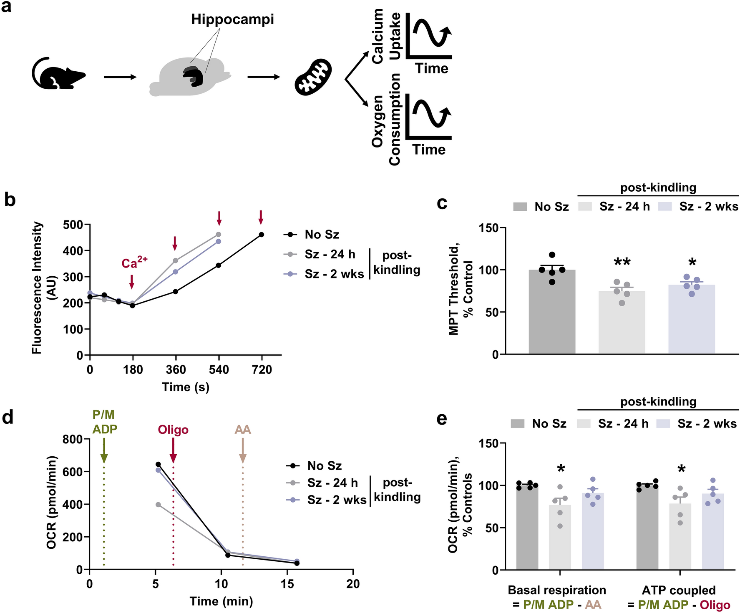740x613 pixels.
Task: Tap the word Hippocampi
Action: (x=232, y=19)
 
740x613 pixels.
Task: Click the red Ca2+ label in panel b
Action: (x=134, y=263)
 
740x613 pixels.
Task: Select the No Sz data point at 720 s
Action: (x=262, y=235)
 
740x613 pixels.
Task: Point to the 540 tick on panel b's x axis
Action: (x=219, y=370)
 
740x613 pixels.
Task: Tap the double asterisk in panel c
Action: (x=622, y=263)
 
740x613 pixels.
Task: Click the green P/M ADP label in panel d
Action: (x=104, y=422)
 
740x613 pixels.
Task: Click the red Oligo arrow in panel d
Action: (x=173, y=452)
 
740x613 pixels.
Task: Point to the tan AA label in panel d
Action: (x=243, y=429)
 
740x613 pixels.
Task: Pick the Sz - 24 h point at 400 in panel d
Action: (x=158, y=505)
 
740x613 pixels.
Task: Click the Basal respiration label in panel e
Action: (x=557, y=590)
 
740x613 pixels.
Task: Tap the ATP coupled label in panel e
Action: (x=679, y=590)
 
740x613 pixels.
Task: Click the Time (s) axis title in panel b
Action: (x=186, y=387)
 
